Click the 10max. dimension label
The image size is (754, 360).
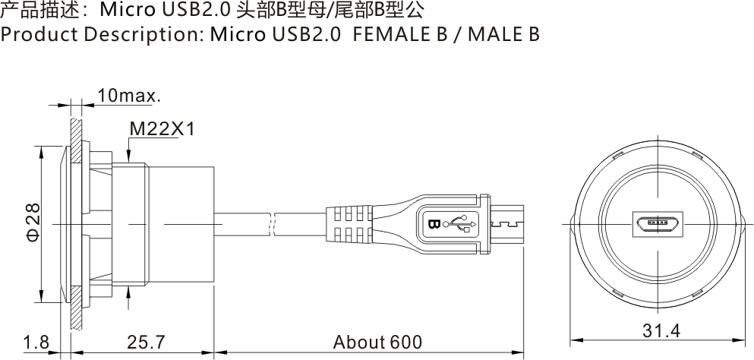point(129,96)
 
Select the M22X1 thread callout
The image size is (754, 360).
point(162,130)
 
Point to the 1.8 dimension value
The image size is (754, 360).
point(35,343)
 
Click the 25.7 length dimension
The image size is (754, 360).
point(146,343)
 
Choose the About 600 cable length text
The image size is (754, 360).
point(377,343)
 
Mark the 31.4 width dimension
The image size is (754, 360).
point(660,332)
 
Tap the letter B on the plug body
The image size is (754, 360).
point(434,224)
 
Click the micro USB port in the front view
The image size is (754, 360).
point(658,224)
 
